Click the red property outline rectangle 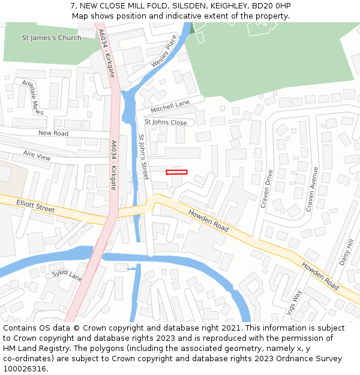pyautogui.click(x=176, y=172)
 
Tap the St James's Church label pyautogui.click(x=52, y=38)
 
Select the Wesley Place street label pyautogui.click(x=164, y=51)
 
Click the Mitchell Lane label pyautogui.click(x=170, y=106)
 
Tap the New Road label pyautogui.click(x=53, y=133)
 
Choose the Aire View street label pyautogui.click(x=37, y=155)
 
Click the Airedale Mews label pyautogui.click(x=33, y=97)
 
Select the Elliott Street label pyautogui.click(x=35, y=206)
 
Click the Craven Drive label pyautogui.click(x=266, y=189)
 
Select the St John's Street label pyautogui.click(x=143, y=157)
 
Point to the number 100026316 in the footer pyautogui.click(x=23, y=368)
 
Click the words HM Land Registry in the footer pyautogui.click(x=34, y=348)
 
